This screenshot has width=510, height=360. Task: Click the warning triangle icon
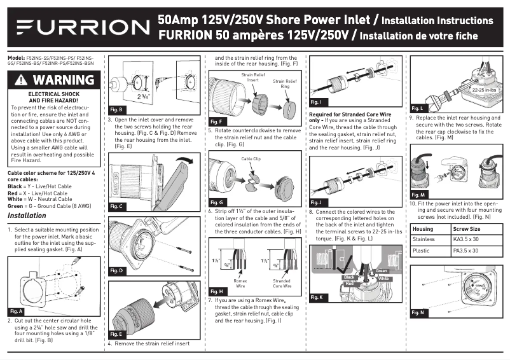click(x=22, y=81)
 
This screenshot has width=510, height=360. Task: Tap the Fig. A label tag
click(x=16, y=312)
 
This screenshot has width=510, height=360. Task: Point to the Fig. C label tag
click(x=116, y=207)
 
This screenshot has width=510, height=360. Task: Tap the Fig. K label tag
click(x=317, y=297)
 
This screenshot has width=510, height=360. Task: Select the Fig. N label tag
click(x=418, y=312)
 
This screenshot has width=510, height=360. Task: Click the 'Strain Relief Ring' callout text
click(x=284, y=84)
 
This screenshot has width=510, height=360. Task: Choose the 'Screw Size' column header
click(x=467, y=228)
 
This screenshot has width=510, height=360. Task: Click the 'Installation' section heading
click(x=27, y=216)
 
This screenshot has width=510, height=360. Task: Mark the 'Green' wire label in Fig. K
click(x=382, y=272)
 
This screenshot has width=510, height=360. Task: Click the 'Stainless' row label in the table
click(x=424, y=240)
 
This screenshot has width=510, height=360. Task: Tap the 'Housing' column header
click(x=423, y=228)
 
